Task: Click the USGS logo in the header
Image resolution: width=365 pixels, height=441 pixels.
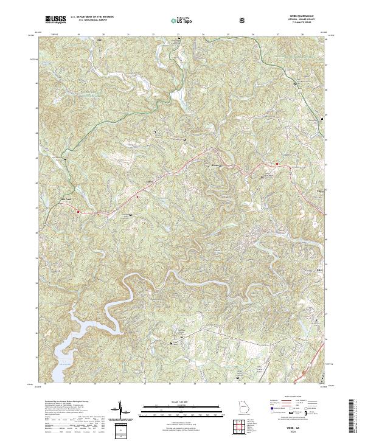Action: coord(55,20)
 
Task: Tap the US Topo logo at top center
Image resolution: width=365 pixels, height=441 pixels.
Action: coord(182,20)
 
